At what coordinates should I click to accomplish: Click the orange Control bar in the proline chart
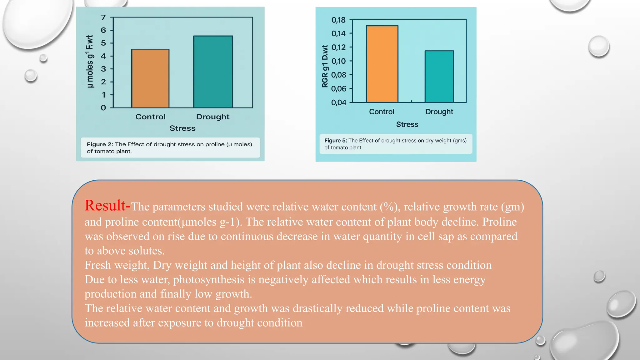(150, 78)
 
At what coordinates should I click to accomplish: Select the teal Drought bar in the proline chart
(213, 72)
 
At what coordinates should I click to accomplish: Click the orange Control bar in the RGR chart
(382, 64)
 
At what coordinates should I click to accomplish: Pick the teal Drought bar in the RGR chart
(439, 77)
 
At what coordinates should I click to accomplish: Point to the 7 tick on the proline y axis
(103, 17)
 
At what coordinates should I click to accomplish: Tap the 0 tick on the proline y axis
(103, 108)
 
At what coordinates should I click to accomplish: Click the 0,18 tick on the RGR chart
(338, 20)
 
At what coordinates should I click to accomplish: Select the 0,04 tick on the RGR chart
(338, 102)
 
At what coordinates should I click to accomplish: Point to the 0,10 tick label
(338, 61)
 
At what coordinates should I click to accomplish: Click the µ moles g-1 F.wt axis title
(90, 62)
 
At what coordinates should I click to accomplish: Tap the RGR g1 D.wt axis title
(325, 66)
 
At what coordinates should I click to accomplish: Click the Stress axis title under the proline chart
(182, 128)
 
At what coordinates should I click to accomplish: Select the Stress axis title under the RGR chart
(407, 124)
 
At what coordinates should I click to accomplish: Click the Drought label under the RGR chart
(439, 112)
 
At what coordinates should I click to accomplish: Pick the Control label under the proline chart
(150, 117)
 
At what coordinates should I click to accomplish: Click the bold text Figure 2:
(100, 144)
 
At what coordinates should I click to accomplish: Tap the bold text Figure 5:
(336, 141)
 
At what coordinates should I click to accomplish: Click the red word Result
(105, 206)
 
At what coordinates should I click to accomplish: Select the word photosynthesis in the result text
(209, 279)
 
